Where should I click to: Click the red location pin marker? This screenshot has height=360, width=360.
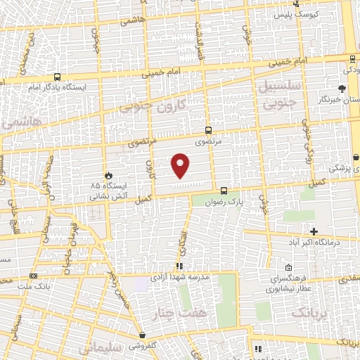(x=181, y=165)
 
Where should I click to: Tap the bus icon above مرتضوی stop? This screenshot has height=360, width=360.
(x=208, y=130)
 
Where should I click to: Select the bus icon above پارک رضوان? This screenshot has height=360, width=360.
(x=224, y=190)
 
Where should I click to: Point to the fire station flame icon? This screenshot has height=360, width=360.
(x=108, y=174)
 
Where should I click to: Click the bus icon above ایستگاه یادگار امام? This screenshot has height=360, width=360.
(x=57, y=77)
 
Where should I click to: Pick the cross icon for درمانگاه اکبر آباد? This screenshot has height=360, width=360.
(x=314, y=231)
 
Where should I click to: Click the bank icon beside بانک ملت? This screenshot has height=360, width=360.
(x=34, y=276)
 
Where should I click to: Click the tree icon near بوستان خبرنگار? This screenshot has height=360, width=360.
(x=342, y=89)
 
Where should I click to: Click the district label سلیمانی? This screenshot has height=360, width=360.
(x=102, y=348)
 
